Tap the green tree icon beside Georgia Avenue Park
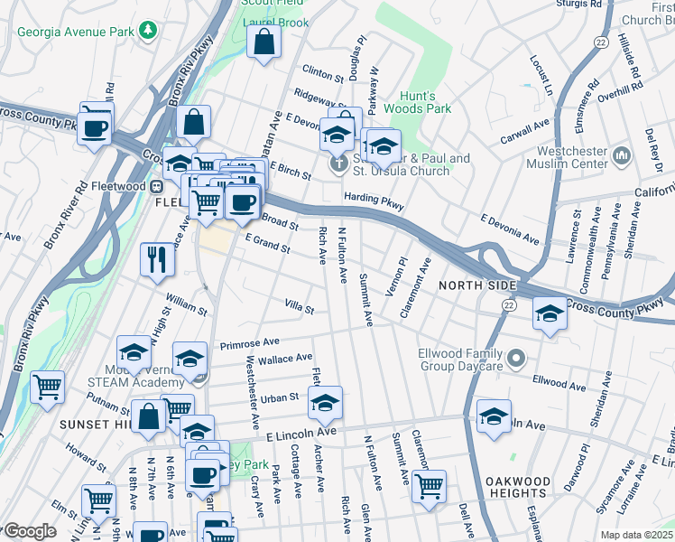pyautogui.click(x=148, y=30)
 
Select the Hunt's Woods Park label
pyautogui.click(x=417, y=101)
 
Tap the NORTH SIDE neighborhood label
pyautogui.click(x=476, y=285)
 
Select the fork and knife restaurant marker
pyautogui.click(x=157, y=259)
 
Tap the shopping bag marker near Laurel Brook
pyautogui.click(x=264, y=42)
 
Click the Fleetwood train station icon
pyautogui.click(x=155, y=186)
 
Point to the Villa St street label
pyautogui.click(x=299, y=309)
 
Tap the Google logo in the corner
pyautogui.click(x=29, y=531)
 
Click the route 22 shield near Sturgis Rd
pyautogui.click(x=600, y=42)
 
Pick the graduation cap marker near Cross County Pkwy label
pyautogui.click(x=550, y=314)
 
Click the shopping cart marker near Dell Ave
pyautogui.click(x=429, y=484)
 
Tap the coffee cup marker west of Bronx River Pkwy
pyautogui.click(x=95, y=126)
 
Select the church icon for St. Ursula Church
pyautogui.click(x=338, y=164)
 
